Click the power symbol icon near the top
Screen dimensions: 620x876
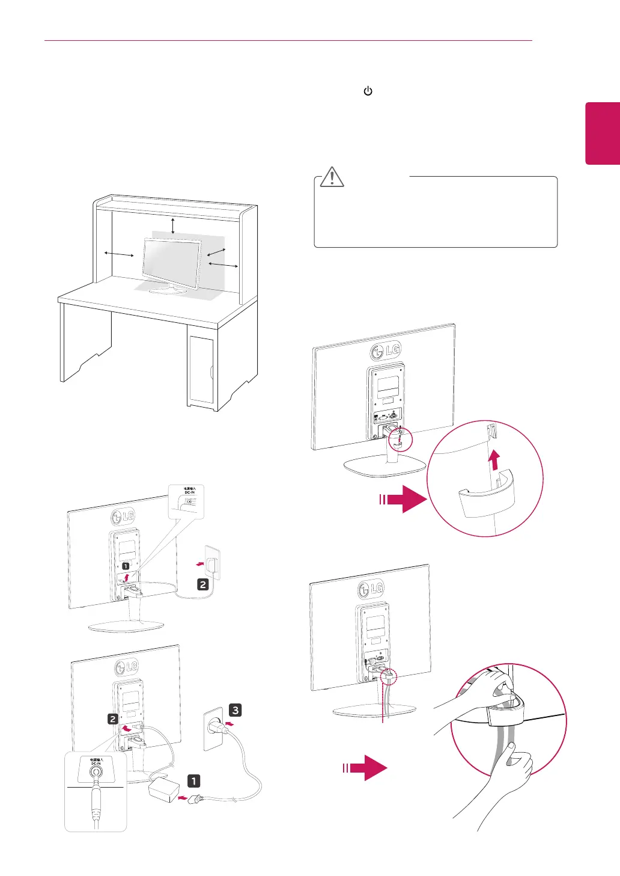(x=368, y=91)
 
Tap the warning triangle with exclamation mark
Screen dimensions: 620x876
(x=332, y=176)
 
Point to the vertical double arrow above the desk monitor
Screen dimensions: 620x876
(x=173, y=225)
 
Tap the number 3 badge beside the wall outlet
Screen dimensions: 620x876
(x=235, y=710)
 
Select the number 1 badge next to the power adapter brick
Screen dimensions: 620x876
(x=193, y=781)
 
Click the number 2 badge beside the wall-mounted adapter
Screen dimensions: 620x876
(x=203, y=584)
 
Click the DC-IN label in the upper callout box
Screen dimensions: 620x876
(x=189, y=492)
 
